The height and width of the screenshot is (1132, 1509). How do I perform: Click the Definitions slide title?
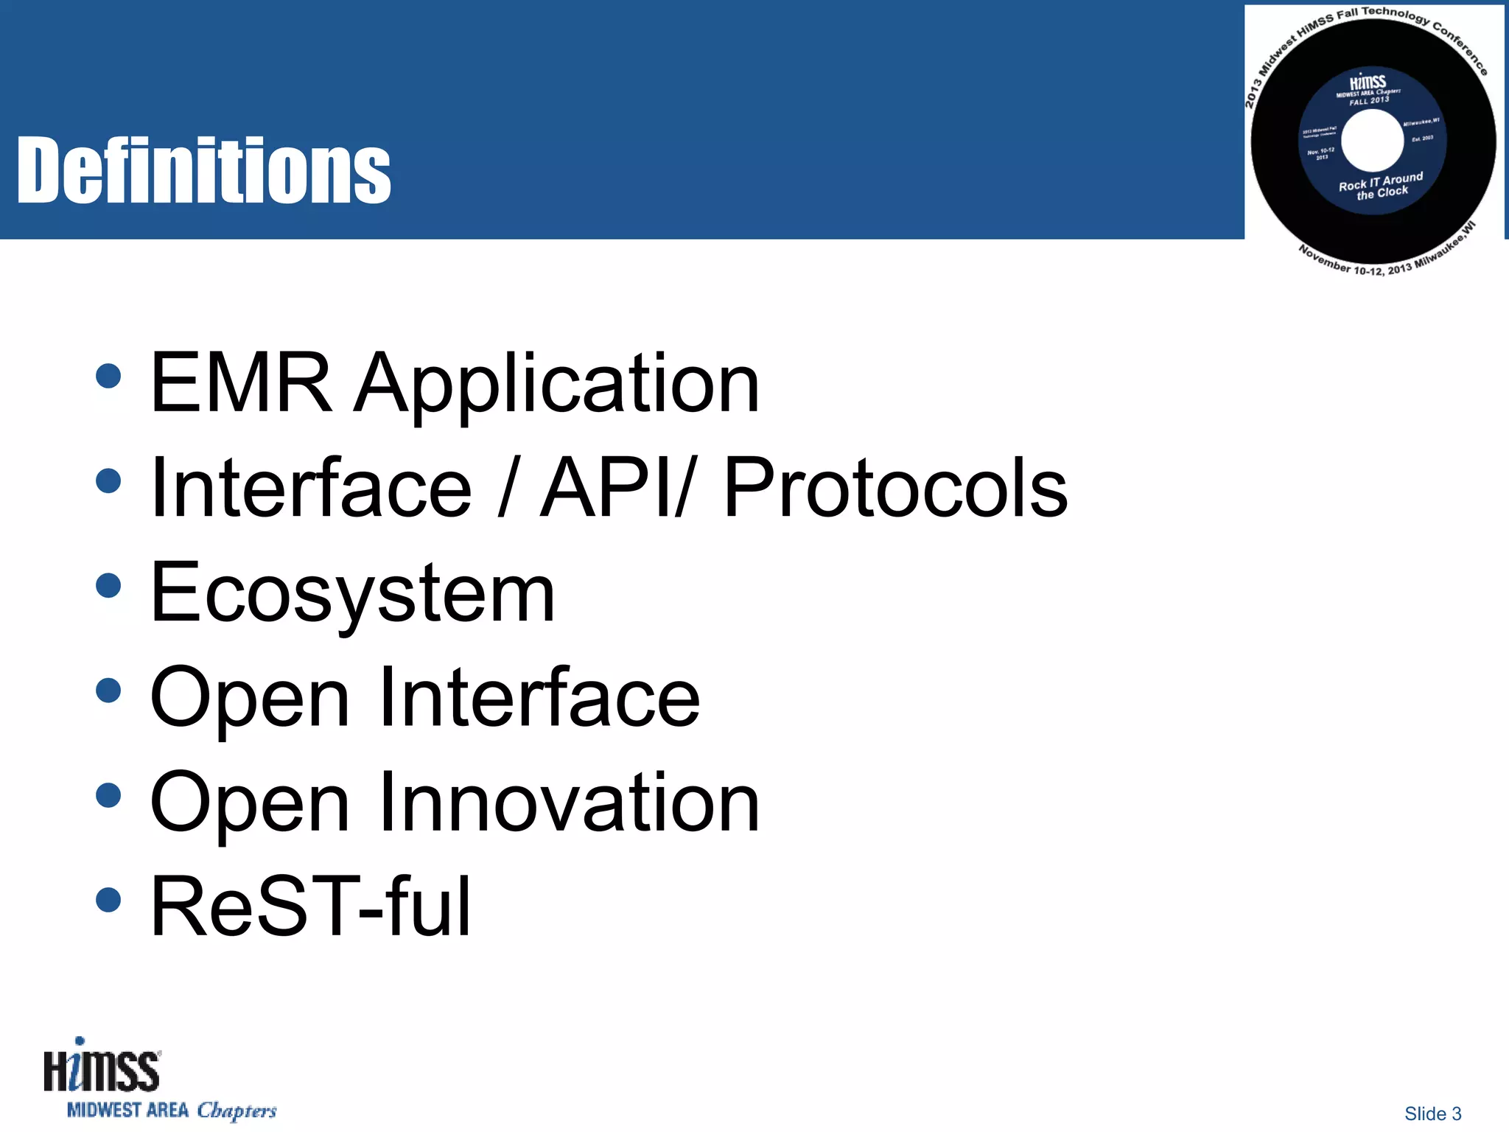[203, 171]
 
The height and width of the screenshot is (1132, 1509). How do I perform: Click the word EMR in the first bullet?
[240, 383]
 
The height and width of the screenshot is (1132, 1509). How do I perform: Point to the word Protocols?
[895, 488]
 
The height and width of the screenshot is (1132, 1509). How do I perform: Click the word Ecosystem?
[352, 593]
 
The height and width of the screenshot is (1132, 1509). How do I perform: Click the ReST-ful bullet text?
[310, 906]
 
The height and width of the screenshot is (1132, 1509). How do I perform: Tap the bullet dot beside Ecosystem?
[108, 586]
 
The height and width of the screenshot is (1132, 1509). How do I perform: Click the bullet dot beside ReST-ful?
[108, 899]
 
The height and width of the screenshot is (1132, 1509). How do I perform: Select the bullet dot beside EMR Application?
[108, 376]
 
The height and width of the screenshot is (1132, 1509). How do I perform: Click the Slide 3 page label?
[1432, 1114]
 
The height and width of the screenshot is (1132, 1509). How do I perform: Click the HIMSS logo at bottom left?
[101, 1067]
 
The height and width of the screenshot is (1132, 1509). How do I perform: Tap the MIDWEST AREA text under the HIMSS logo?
[127, 1110]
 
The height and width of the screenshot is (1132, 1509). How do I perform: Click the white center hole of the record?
[1372, 140]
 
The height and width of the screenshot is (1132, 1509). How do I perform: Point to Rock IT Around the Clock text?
[1381, 186]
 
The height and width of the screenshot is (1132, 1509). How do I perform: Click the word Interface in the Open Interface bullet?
[539, 697]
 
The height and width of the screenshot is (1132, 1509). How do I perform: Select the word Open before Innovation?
[249, 803]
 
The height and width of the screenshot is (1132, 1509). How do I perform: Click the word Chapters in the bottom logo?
[237, 1111]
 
